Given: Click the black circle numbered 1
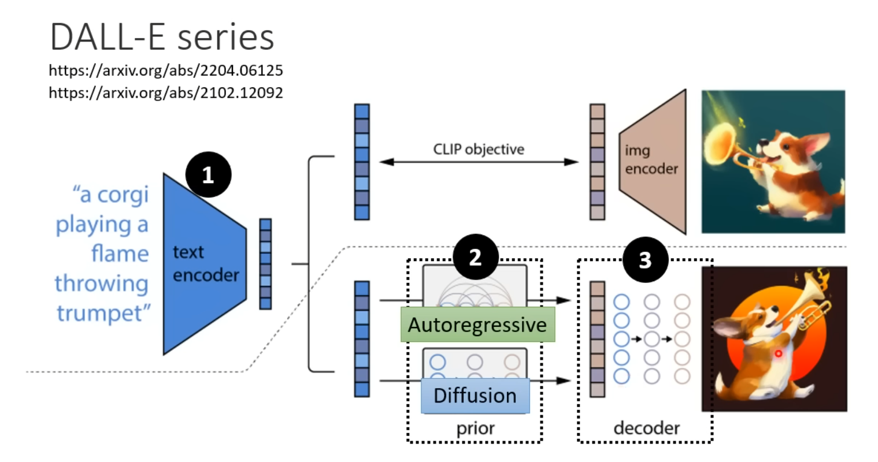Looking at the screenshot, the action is pyautogui.click(x=208, y=174).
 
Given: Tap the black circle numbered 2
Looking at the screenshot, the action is pyautogui.click(x=476, y=257).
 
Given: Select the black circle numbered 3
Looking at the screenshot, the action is pyautogui.click(x=645, y=259).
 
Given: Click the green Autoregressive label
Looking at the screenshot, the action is pyautogui.click(x=478, y=325).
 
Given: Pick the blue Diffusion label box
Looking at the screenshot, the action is pyautogui.click(x=475, y=396).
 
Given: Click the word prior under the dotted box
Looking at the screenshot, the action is pyautogui.click(x=476, y=429).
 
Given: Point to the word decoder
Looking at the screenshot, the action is pyautogui.click(x=647, y=428).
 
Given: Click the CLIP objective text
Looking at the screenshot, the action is pyautogui.click(x=479, y=149).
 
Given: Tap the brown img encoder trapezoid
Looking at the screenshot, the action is pyautogui.click(x=653, y=162).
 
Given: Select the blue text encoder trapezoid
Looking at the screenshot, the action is pyautogui.click(x=205, y=264).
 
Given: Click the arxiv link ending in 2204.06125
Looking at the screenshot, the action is pyautogui.click(x=166, y=71).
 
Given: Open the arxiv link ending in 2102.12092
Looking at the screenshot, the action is pyautogui.click(x=166, y=93).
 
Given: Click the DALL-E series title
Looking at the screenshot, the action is pyautogui.click(x=162, y=37).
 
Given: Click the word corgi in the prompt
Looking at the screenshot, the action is pyautogui.click(x=123, y=195).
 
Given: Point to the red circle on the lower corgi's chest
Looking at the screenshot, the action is pyautogui.click(x=779, y=353).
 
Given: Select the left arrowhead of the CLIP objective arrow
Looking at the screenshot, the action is pyautogui.click(x=387, y=162).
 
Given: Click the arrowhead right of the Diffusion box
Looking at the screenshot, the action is pyautogui.click(x=563, y=381).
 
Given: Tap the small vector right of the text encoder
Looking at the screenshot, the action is pyautogui.click(x=265, y=264).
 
